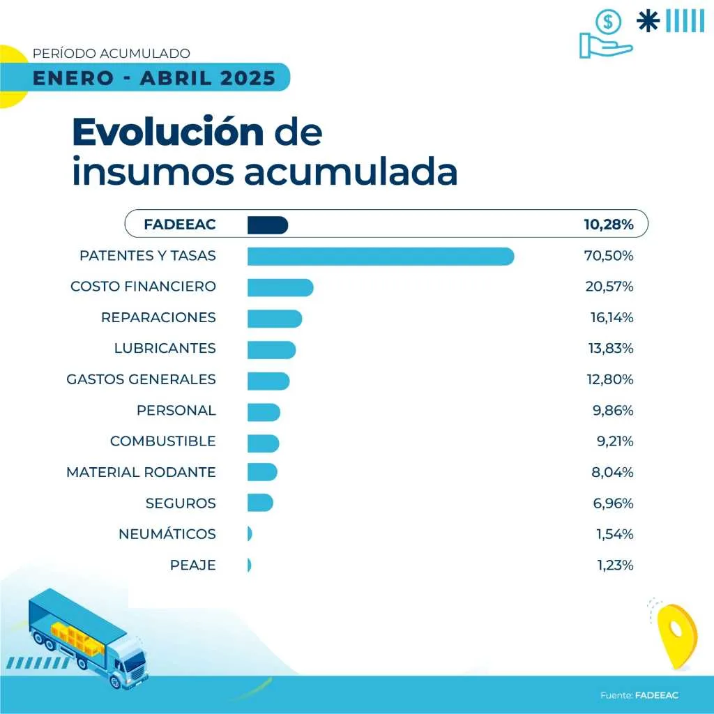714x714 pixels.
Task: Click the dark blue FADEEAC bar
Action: coord(268,225)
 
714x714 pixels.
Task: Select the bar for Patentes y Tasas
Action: coord(381,256)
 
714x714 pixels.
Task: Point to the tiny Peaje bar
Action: coord(249,565)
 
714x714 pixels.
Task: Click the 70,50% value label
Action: coord(608,256)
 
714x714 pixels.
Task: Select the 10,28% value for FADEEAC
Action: coord(608,225)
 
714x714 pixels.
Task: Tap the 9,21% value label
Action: coord(612,441)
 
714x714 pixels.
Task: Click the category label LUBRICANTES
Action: coord(165,349)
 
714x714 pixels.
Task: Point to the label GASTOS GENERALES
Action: coord(141,379)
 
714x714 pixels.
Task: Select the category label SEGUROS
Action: coord(181,503)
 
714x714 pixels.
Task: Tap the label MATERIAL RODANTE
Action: coord(141,472)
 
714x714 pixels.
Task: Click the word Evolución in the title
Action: coord(168,132)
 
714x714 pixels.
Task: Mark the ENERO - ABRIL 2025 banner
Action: coord(154,77)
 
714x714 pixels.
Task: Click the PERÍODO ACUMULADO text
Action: coord(112,53)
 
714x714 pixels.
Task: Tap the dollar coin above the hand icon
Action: coord(608,22)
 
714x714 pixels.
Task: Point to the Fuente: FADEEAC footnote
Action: coord(639,695)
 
